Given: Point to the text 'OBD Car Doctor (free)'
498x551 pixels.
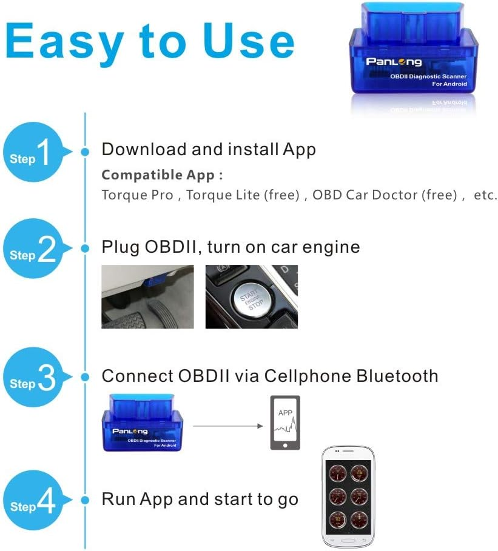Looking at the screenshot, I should [384, 195].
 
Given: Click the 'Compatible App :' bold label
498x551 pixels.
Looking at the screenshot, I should [162, 175].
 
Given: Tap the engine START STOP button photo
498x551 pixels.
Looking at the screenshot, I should [251, 297].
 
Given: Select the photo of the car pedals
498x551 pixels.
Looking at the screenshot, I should [147, 297].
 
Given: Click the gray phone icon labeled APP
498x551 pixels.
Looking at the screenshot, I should [285, 422].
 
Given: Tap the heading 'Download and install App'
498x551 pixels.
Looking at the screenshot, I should [209, 149].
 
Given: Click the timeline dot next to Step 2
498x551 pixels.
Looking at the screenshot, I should [86, 248].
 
